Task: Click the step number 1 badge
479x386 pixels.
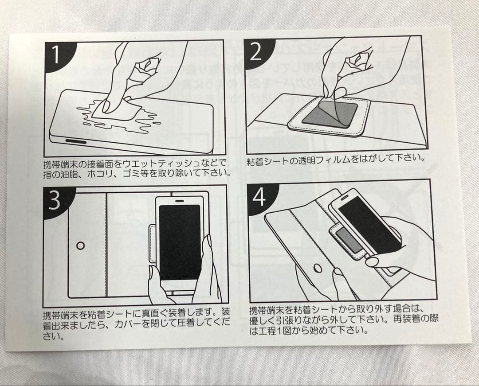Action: click(x=56, y=55)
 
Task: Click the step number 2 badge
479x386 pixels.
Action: click(x=256, y=52)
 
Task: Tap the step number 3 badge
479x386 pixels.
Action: click(x=55, y=200)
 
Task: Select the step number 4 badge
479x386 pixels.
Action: click(x=259, y=198)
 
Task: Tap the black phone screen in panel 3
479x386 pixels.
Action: click(x=180, y=242)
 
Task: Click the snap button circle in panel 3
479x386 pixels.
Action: click(x=81, y=245)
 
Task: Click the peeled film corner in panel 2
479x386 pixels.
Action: click(x=339, y=93)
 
